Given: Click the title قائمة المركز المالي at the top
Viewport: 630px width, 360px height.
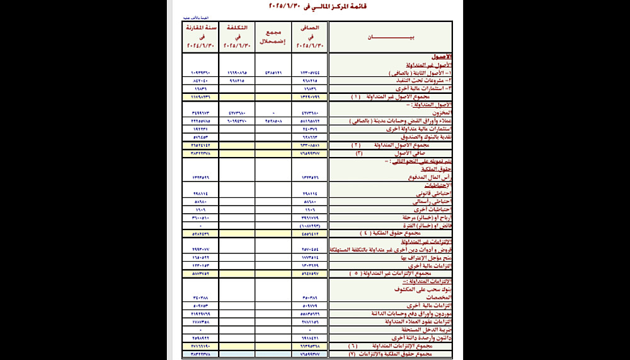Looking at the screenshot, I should tap(313, 7).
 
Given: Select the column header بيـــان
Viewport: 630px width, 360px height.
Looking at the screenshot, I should tap(391, 37).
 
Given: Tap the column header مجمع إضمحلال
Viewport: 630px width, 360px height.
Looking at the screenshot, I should tap(273, 37).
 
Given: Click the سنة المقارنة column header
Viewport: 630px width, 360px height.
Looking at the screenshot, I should tap(200, 37).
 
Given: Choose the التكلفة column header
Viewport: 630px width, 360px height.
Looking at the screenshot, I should tap(236, 37).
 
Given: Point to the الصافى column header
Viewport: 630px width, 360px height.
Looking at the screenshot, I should tap(310, 37).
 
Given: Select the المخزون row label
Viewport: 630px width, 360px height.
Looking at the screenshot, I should tap(438, 112).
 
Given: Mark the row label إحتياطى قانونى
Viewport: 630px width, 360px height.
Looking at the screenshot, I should tap(434, 194).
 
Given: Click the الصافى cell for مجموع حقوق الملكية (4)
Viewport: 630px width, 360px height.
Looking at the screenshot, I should tap(310, 233).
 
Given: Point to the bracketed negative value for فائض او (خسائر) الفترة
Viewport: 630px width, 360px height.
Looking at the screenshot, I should tap(310, 225).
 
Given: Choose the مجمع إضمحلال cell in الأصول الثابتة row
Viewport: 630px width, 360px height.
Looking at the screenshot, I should tap(273, 73).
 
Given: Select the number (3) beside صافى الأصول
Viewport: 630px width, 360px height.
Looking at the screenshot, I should tap(360, 153).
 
